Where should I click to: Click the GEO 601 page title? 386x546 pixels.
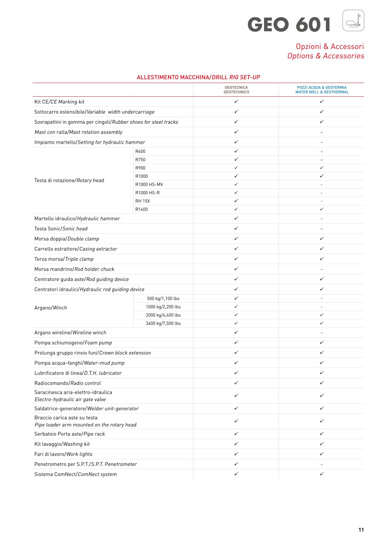click(x=289, y=25)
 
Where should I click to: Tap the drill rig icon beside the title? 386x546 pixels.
click(x=353, y=20)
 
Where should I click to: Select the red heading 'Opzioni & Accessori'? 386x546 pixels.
click(x=330, y=46)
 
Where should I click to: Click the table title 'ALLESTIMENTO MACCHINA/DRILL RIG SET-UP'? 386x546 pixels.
click(x=198, y=77)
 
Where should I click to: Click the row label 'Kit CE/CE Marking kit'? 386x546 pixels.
click(x=59, y=102)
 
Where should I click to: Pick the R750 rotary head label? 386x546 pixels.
click(x=140, y=160)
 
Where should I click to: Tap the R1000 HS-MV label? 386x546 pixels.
click(x=149, y=185)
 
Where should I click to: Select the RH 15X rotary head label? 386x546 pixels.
click(x=143, y=201)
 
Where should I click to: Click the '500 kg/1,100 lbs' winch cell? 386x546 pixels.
click(x=163, y=298)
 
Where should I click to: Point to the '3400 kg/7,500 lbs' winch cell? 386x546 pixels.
click(x=163, y=323)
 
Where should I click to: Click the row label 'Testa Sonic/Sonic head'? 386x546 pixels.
click(x=61, y=229)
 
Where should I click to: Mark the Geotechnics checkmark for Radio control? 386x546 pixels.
click(x=236, y=383)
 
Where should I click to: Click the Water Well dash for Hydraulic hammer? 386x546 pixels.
click(x=321, y=219)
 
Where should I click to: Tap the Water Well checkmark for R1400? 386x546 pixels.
click(x=321, y=209)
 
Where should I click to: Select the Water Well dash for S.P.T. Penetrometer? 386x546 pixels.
click(x=321, y=464)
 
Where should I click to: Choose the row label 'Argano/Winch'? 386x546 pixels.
click(x=51, y=308)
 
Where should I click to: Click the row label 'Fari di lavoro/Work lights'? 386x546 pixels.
click(x=63, y=454)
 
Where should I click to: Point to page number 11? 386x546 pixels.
click(x=361, y=530)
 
